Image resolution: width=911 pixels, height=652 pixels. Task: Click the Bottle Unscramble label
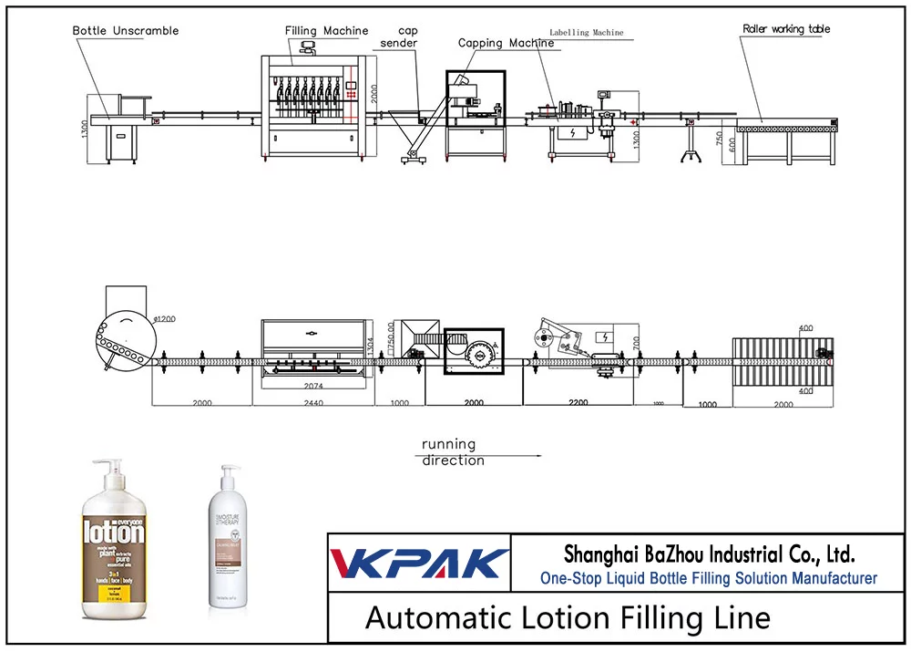(x=126, y=31)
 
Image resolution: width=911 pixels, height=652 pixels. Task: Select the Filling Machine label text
(x=326, y=31)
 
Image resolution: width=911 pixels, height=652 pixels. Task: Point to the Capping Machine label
(x=506, y=43)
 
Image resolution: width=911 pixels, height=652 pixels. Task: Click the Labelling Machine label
(x=587, y=33)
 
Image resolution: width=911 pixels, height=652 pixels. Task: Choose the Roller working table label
(x=786, y=29)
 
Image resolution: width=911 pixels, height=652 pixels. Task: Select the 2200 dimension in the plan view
(x=578, y=401)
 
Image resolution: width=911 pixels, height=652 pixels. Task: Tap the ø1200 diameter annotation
(x=164, y=319)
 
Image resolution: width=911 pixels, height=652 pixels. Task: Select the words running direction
(x=453, y=452)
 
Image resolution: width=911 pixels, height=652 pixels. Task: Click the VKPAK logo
(x=419, y=562)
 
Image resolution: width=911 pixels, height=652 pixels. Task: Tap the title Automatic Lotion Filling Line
(x=568, y=617)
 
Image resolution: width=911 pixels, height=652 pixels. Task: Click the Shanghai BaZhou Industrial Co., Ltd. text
(x=709, y=554)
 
